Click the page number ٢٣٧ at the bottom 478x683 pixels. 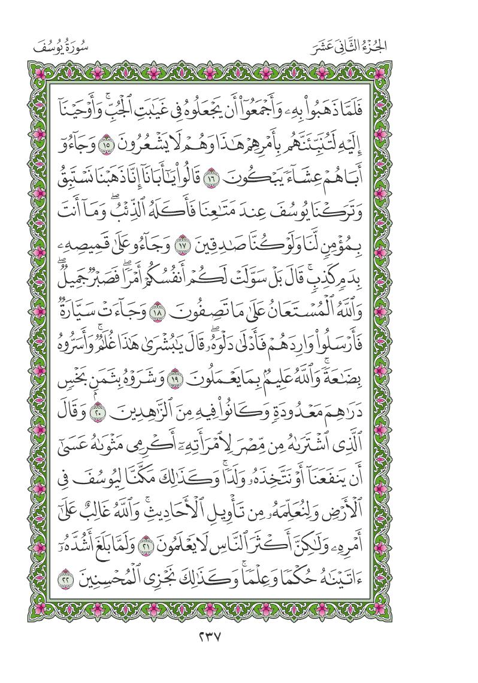click(x=239, y=648)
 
